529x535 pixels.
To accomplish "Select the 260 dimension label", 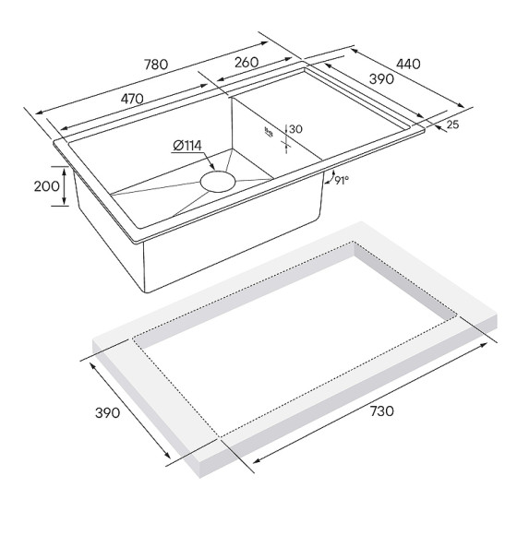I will [x=246, y=63].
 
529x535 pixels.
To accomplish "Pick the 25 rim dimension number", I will [x=453, y=123].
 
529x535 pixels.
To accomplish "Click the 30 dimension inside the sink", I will [x=295, y=129].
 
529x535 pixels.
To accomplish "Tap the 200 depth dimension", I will [x=46, y=186].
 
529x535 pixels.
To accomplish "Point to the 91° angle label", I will [x=342, y=181].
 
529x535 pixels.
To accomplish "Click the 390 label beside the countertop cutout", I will [x=107, y=412].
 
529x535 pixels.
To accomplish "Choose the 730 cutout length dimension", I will [x=380, y=410].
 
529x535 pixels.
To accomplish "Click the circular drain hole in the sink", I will [x=220, y=179].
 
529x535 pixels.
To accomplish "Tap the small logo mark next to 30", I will [x=270, y=132].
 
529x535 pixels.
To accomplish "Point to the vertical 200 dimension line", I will [x=66, y=186].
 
